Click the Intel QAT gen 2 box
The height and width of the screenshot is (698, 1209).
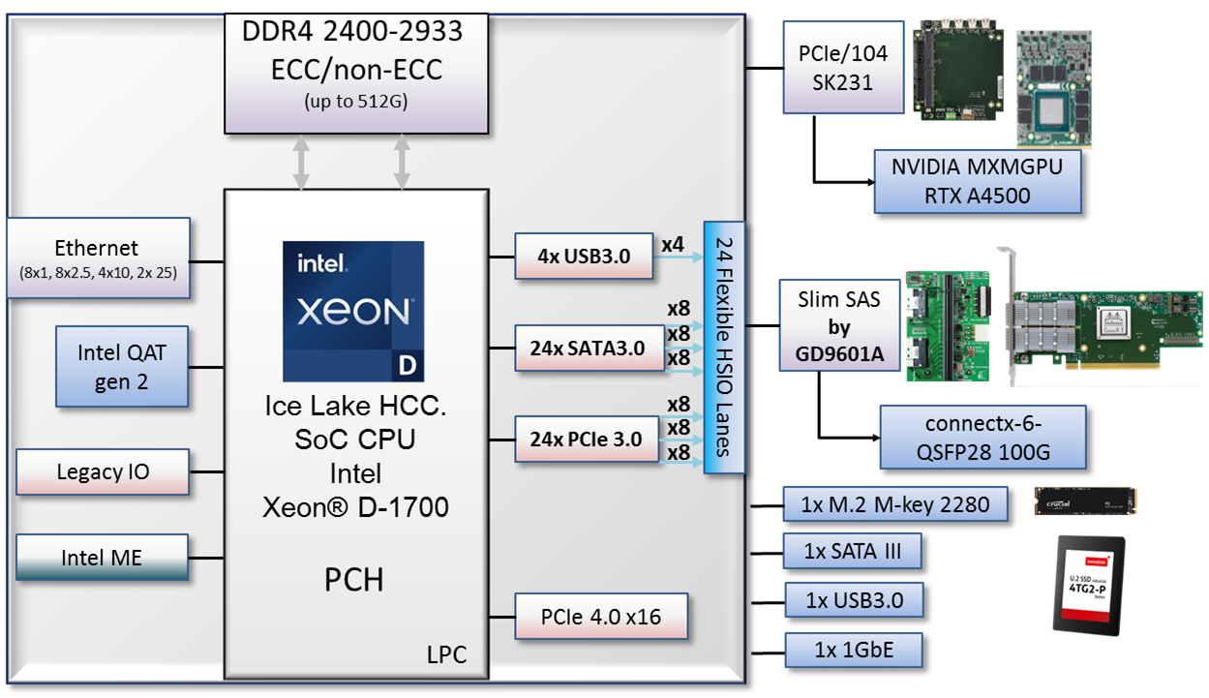coord(121,366)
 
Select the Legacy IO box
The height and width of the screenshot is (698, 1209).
coord(103,471)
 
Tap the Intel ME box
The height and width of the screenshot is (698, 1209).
coord(103,557)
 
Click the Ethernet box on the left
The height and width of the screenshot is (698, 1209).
coord(97,258)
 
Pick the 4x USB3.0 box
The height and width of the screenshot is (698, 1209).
coord(584,257)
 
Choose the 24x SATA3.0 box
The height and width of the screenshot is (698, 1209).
coord(584,348)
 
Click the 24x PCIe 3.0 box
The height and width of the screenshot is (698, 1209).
coord(586,439)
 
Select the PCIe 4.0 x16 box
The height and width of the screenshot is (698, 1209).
coord(601,616)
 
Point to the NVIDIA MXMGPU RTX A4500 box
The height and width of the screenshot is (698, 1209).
coord(976,181)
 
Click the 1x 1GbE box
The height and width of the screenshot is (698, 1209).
coord(852,650)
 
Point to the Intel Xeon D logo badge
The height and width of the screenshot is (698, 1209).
coord(353,311)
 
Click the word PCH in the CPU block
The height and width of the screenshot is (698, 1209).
coord(353,579)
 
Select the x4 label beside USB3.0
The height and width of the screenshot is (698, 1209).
coord(673,244)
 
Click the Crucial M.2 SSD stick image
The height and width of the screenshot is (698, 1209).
coord(1085,501)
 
